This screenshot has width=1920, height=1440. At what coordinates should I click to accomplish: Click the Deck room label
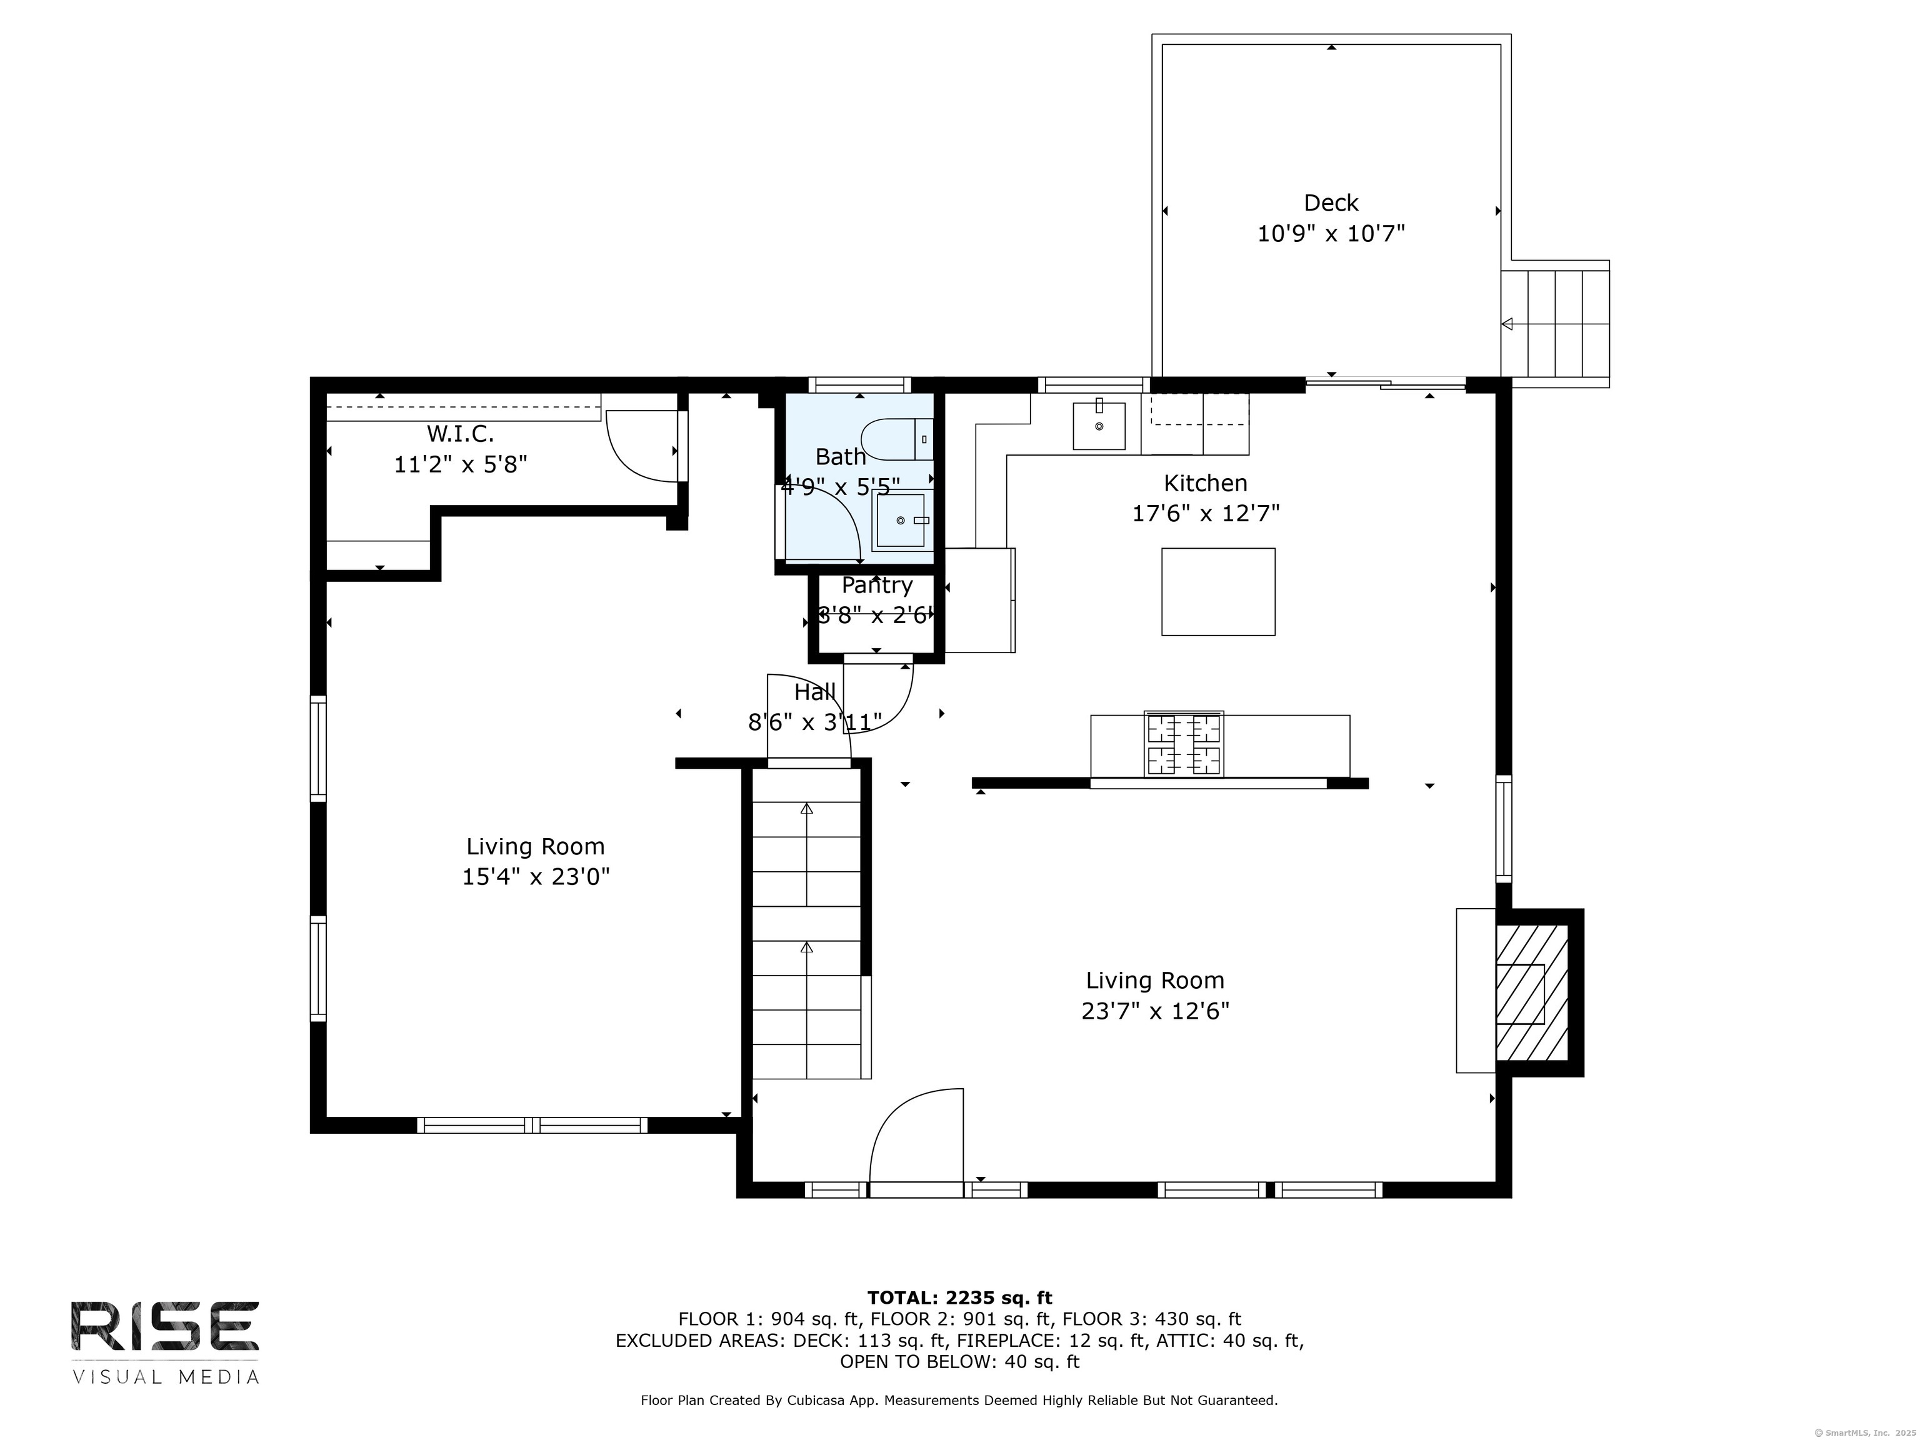[x=1331, y=203]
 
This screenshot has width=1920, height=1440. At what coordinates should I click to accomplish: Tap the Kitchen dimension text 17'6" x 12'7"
[x=1206, y=514]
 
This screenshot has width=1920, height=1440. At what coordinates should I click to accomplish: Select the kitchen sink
[x=1099, y=426]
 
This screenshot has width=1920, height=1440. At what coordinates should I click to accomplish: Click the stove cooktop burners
[x=1184, y=743]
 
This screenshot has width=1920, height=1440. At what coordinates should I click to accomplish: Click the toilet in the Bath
[x=897, y=439]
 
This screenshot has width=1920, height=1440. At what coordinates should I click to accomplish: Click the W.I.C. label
[x=460, y=434]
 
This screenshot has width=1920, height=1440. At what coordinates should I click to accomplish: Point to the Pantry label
[x=877, y=586]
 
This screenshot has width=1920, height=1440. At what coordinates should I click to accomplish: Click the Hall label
[x=815, y=692]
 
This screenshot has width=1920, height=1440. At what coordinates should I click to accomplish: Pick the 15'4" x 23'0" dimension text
[x=536, y=877]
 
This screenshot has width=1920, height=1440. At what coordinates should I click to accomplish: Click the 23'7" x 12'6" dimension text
[x=1155, y=1011]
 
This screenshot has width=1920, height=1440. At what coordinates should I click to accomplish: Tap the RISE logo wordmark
[x=165, y=1326]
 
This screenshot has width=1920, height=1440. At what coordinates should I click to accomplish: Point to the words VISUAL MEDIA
[x=166, y=1377]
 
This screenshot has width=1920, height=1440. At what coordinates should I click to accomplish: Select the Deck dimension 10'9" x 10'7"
[x=1331, y=234]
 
